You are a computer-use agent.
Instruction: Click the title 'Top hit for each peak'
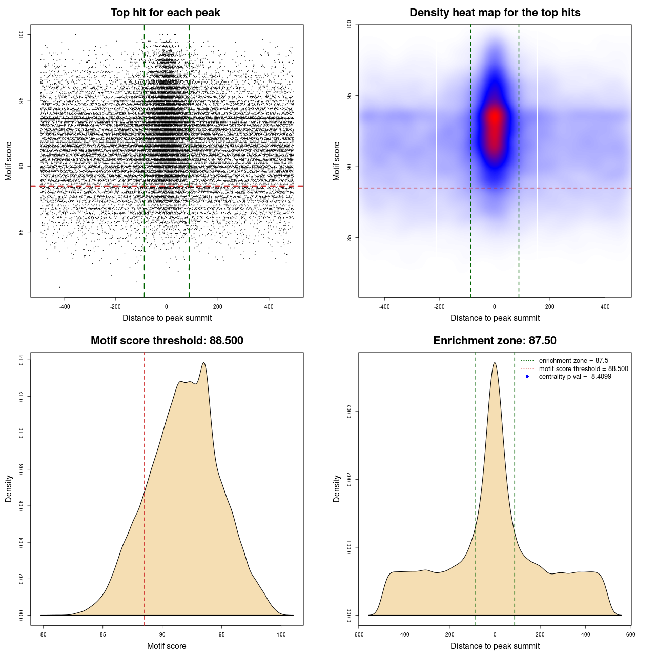(x=166, y=13)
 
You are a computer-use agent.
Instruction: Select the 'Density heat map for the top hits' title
(x=495, y=13)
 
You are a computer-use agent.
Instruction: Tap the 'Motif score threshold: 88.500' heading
(x=167, y=341)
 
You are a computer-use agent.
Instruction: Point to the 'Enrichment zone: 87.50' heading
(x=495, y=341)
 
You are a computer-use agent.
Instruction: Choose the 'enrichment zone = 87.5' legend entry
(x=573, y=361)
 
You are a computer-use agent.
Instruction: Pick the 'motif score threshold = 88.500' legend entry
(x=583, y=369)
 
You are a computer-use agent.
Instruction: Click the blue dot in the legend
(x=527, y=377)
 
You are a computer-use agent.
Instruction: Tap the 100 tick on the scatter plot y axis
(x=22, y=34)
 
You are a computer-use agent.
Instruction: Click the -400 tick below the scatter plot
(x=65, y=306)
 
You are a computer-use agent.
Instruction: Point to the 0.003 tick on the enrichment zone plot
(x=350, y=412)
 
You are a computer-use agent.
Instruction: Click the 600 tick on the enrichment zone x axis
(x=630, y=634)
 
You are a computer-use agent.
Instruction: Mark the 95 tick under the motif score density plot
(x=221, y=634)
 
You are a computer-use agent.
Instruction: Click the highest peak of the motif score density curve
(x=204, y=363)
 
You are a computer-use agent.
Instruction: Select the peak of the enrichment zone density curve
(x=495, y=363)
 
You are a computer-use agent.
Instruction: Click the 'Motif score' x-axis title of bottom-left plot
(x=167, y=646)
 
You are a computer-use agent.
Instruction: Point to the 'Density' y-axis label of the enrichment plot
(x=337, y=488)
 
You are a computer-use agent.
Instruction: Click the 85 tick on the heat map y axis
(x=350, y=237)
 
